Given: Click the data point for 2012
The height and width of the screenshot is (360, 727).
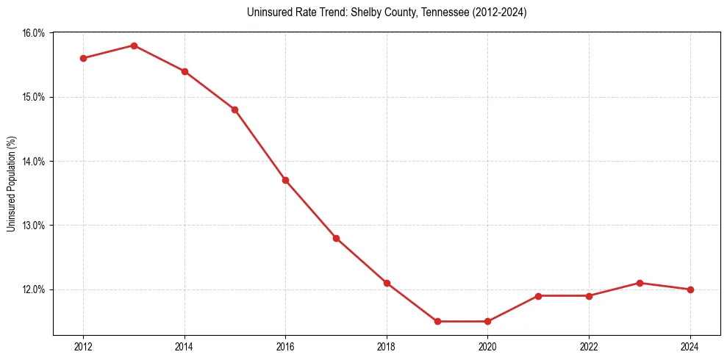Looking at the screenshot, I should [83, 58].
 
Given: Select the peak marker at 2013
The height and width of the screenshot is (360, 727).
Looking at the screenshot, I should [134, 46].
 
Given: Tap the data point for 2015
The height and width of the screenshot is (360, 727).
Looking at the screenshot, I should [235, 109].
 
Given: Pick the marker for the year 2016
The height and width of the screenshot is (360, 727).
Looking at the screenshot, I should [285, 180].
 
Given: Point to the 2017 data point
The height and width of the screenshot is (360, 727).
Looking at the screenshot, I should [336, 238].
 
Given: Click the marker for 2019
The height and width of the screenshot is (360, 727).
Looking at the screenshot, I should [437, 321].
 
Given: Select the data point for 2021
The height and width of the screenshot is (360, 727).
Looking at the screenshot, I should [538, 296].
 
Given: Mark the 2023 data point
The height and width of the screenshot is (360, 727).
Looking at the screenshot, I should [640, 283].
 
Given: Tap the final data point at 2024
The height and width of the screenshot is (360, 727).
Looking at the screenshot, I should [690, 289].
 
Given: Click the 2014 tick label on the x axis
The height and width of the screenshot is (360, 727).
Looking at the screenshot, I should [185, 347].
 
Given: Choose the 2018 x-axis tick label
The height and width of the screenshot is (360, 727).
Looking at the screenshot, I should [387, 347].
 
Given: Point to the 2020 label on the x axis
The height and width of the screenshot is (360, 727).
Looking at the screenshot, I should [487, 347].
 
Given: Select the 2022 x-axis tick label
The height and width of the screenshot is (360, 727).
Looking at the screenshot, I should [589, 347].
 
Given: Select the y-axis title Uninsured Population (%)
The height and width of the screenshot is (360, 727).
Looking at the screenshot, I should [11, 184].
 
